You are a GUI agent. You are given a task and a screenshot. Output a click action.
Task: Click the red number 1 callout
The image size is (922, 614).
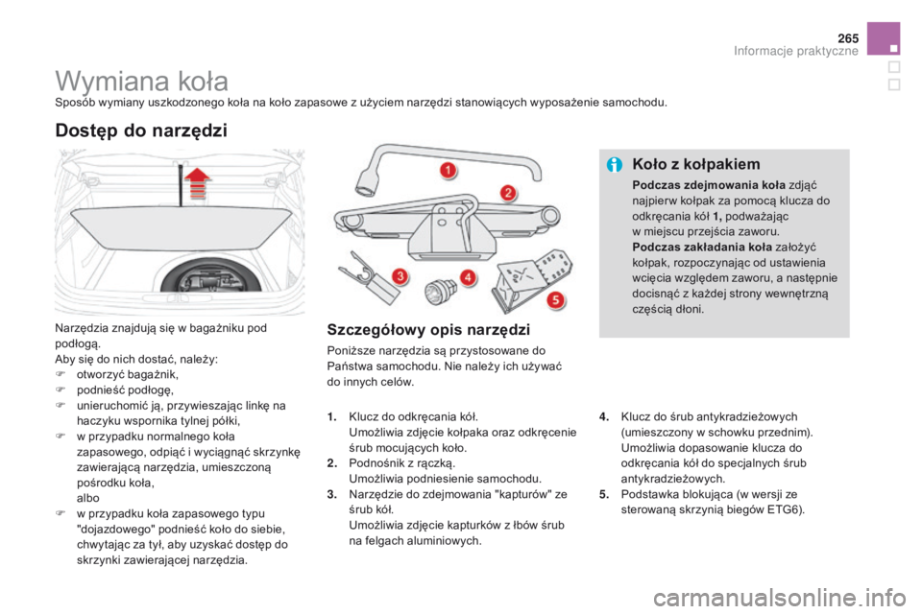coord(447,170)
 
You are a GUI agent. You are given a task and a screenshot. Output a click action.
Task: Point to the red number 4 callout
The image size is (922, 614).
coord(468,277)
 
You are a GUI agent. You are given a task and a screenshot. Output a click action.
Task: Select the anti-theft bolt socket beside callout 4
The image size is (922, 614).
coord(444,290)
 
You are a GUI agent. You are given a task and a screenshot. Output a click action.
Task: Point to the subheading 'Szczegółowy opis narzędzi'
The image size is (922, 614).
coord(428,330)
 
